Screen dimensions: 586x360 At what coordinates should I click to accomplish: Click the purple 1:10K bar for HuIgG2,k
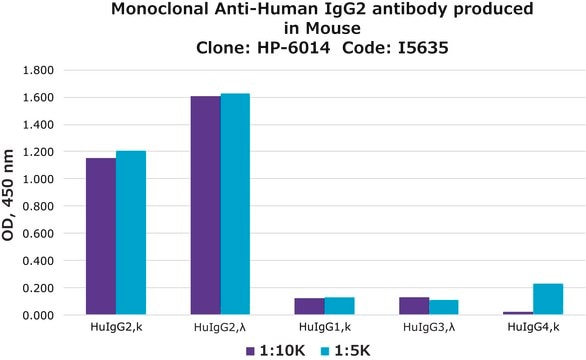[x=101, y=236]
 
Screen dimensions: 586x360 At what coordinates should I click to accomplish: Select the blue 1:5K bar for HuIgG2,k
[x=131, y=233]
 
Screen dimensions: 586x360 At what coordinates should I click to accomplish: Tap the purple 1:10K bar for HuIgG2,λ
[x=206, y=205]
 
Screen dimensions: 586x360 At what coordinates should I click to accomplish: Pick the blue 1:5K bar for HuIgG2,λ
[x=235, y=204]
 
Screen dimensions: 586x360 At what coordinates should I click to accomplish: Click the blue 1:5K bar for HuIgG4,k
[x=548, y=299]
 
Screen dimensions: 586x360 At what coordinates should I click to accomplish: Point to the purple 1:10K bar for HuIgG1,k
[x=309, y=306]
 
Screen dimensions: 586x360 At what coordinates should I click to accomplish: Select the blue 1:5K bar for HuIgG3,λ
[x=444, y=307]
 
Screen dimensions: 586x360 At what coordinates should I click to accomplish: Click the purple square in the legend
[x=250, y=351]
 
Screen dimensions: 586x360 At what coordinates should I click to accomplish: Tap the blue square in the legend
[x=325, y=351]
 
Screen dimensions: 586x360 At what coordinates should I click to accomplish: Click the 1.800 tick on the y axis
[x=38, y=70]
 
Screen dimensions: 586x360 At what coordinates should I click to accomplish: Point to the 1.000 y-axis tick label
[x=38, y=179]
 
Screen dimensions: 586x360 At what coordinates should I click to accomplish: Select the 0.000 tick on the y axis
[x=38, y=316]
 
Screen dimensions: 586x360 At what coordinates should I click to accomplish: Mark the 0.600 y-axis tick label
[x=38, y=234]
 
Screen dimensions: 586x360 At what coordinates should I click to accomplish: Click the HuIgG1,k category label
[x=325, y=327]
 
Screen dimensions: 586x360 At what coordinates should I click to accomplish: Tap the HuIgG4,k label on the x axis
[x=533, y=327]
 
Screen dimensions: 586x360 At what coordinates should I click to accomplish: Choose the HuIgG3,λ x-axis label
[x=429, y=328]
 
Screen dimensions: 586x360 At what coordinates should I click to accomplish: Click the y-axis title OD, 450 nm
[x=8, y=195]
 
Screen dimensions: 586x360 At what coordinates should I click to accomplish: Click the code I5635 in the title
[x=423, y=48]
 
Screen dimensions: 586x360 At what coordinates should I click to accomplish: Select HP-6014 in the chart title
[x=293, y=48]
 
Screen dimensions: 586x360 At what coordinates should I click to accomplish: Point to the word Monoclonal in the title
[x=160, y=9]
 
